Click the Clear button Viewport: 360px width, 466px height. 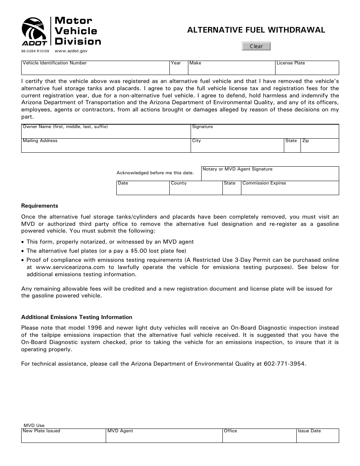click(257, 46)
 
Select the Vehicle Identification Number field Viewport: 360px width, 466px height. click(95, 69)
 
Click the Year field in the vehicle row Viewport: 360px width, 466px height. click(178, 69)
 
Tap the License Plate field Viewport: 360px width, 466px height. click(307, 69)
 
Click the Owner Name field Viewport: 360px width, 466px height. click(106, 133)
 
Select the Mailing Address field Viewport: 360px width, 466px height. click(106, 147)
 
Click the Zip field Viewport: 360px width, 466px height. click(319, 147)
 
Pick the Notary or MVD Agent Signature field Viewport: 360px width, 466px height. click(270, 175)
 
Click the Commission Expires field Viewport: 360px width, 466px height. click(290, 189)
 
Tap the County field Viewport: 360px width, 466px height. click(196, 189)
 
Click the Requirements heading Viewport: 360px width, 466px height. click(40, 206)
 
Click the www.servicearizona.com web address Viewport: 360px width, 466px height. click(66, 267)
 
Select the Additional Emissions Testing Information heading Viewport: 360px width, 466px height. click(77, 317)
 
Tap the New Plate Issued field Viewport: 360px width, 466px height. click(63, 437)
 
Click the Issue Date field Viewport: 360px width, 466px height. click(317, 437)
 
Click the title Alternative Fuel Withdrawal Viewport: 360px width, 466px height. click(256, 30)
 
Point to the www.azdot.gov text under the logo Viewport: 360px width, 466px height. click(71, 51)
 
